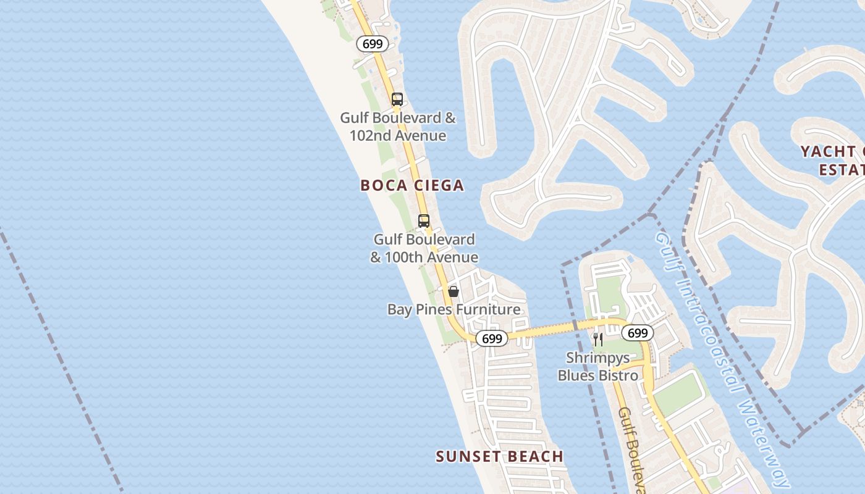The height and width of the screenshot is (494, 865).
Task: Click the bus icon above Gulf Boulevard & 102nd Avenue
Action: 397,99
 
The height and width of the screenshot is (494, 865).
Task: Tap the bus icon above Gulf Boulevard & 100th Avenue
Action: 424,220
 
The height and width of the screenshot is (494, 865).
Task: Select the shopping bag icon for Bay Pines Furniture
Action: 454,291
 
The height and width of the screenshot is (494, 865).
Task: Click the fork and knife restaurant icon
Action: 597,339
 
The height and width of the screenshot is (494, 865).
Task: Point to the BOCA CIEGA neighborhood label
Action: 412,185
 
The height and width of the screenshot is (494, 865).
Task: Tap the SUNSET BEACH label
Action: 499,456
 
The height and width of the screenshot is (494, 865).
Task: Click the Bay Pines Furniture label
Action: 454,309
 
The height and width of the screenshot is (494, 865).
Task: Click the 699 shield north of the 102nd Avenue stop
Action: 373,44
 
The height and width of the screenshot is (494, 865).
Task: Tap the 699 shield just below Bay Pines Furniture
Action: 492,338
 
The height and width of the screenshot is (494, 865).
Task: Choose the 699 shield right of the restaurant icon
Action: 637,333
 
